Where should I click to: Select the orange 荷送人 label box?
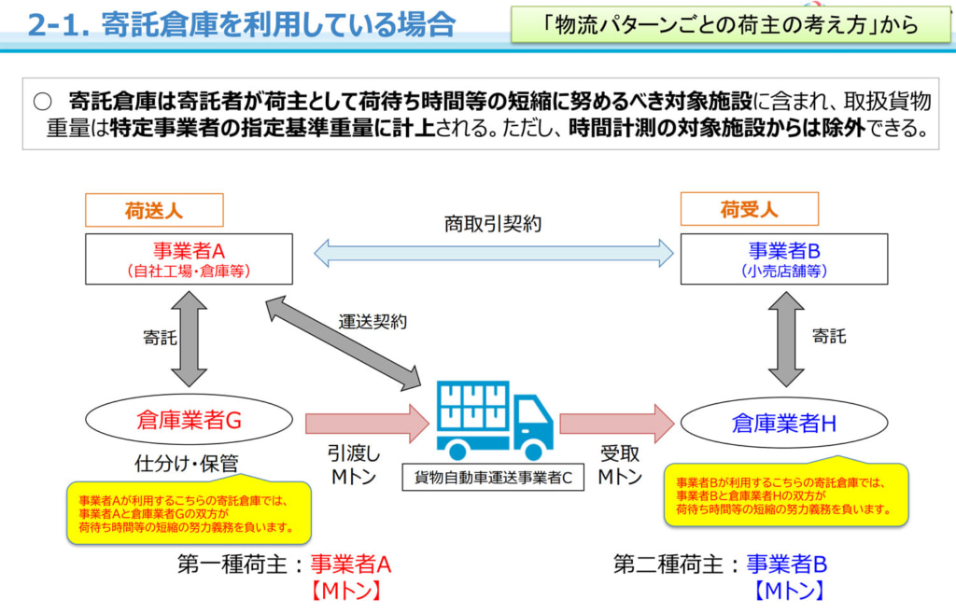click(154, 210)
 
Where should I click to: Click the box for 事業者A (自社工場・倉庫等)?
click(188, 258)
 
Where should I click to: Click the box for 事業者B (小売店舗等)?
click(784, 258)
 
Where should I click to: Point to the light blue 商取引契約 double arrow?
click(493, 253)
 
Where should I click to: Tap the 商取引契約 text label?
click(493, 224)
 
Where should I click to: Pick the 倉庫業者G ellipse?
click(189, 421)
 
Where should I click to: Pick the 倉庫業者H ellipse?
click(783, 424)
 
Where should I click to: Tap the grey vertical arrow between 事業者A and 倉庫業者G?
click(189, 338)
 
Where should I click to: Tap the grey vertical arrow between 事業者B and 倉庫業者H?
click(785, 338)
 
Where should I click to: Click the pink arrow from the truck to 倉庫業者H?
click(616, 424)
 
